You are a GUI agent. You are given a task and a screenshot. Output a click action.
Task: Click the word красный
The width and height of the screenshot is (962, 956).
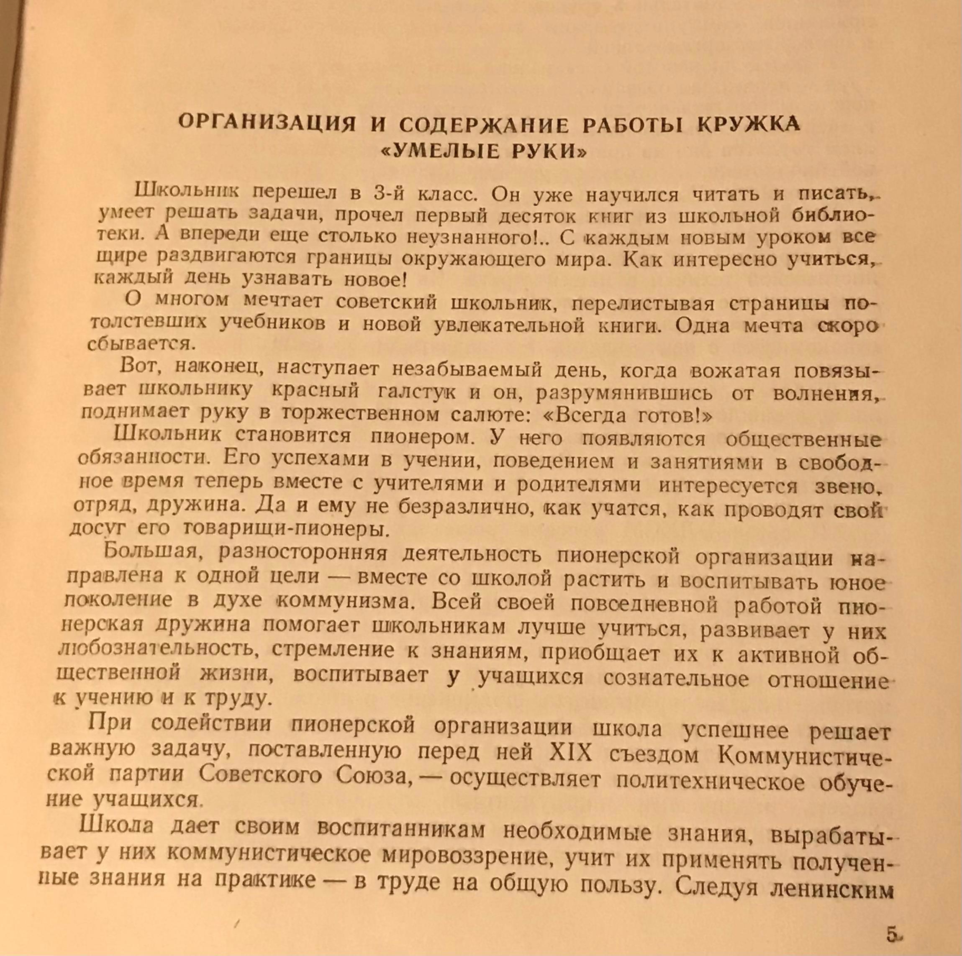(314, 391)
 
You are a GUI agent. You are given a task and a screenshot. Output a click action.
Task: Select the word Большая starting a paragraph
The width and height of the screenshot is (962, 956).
(152, 552)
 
